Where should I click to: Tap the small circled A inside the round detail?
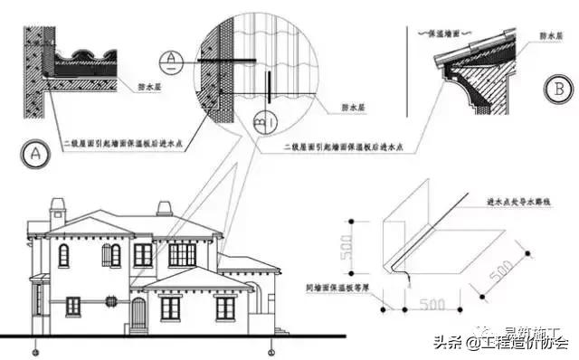pyautogui.click(x=170, y=63)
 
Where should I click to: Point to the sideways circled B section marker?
pyautogui.click(x=265, y=118)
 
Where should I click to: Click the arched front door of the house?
pyautogui.click(x=138, y=311)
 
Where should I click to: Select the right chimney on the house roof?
pyautogui.click(x=164, y=208)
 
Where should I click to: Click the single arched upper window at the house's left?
pyautogui.click(x=63, y=256)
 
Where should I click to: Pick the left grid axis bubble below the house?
pyautogui.click(x=34, y=348)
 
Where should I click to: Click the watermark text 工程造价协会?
pyautogui.click(x=518, y=342)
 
